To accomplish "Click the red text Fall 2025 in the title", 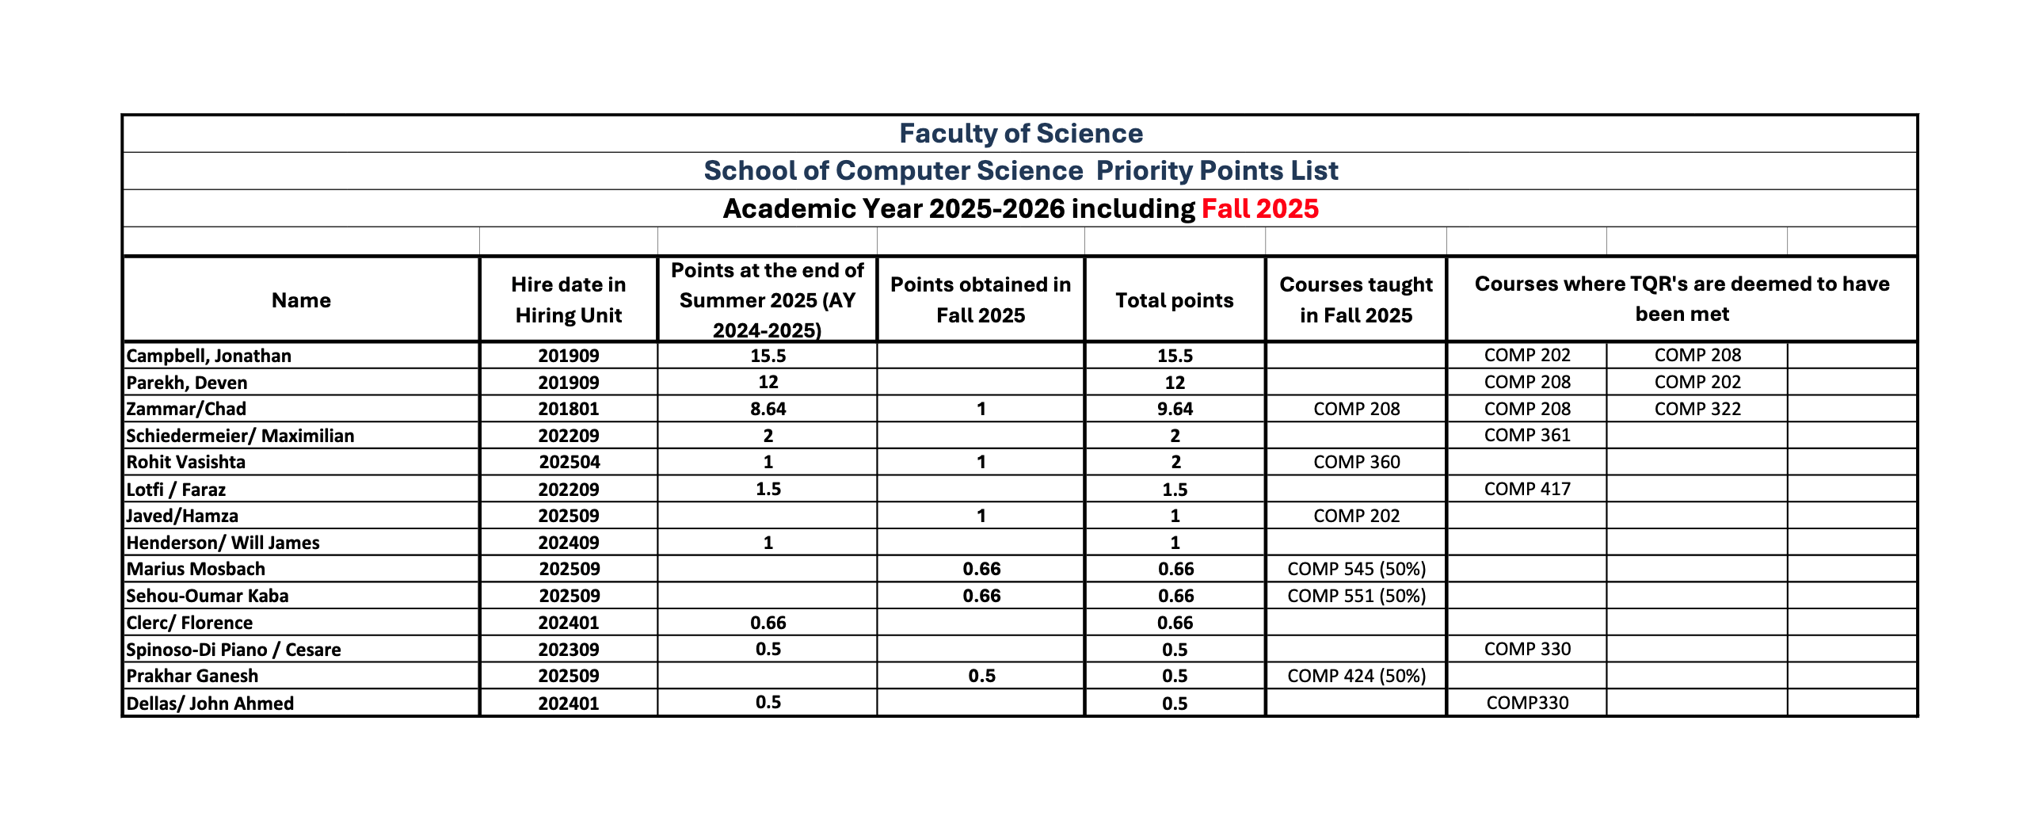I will click(1259, 208).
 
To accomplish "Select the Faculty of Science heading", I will click(1020, 133).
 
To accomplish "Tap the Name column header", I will click(301, 300).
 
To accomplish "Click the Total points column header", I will click(1174, 300).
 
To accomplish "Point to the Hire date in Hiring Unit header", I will click(568, 299).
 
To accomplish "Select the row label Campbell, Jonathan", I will click(209, 356).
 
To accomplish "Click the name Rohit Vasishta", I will click(186, 462).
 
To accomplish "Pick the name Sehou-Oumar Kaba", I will click(208, 596).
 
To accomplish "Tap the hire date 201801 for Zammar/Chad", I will click(568, 409).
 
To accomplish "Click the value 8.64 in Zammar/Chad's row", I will click(768, 409).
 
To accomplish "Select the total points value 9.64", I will click(1174, 409).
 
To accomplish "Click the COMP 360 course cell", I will click(1356, 462).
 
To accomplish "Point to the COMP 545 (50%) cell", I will click(1356, 569).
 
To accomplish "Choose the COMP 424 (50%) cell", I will click(1356, 676).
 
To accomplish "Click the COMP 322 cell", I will click(1697, 409).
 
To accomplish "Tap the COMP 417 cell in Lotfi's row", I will click(1526, 489).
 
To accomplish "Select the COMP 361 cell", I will click(1526, 435).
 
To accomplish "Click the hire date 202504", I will click(569, 462).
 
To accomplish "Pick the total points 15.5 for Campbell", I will click(1174, 356).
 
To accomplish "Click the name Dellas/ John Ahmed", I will click(210, 704).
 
